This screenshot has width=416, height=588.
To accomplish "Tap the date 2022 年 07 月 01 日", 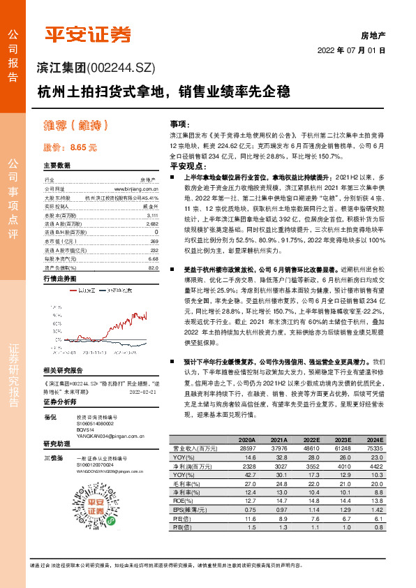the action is (351, 51).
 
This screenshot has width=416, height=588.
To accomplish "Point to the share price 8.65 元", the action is (70, 147).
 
